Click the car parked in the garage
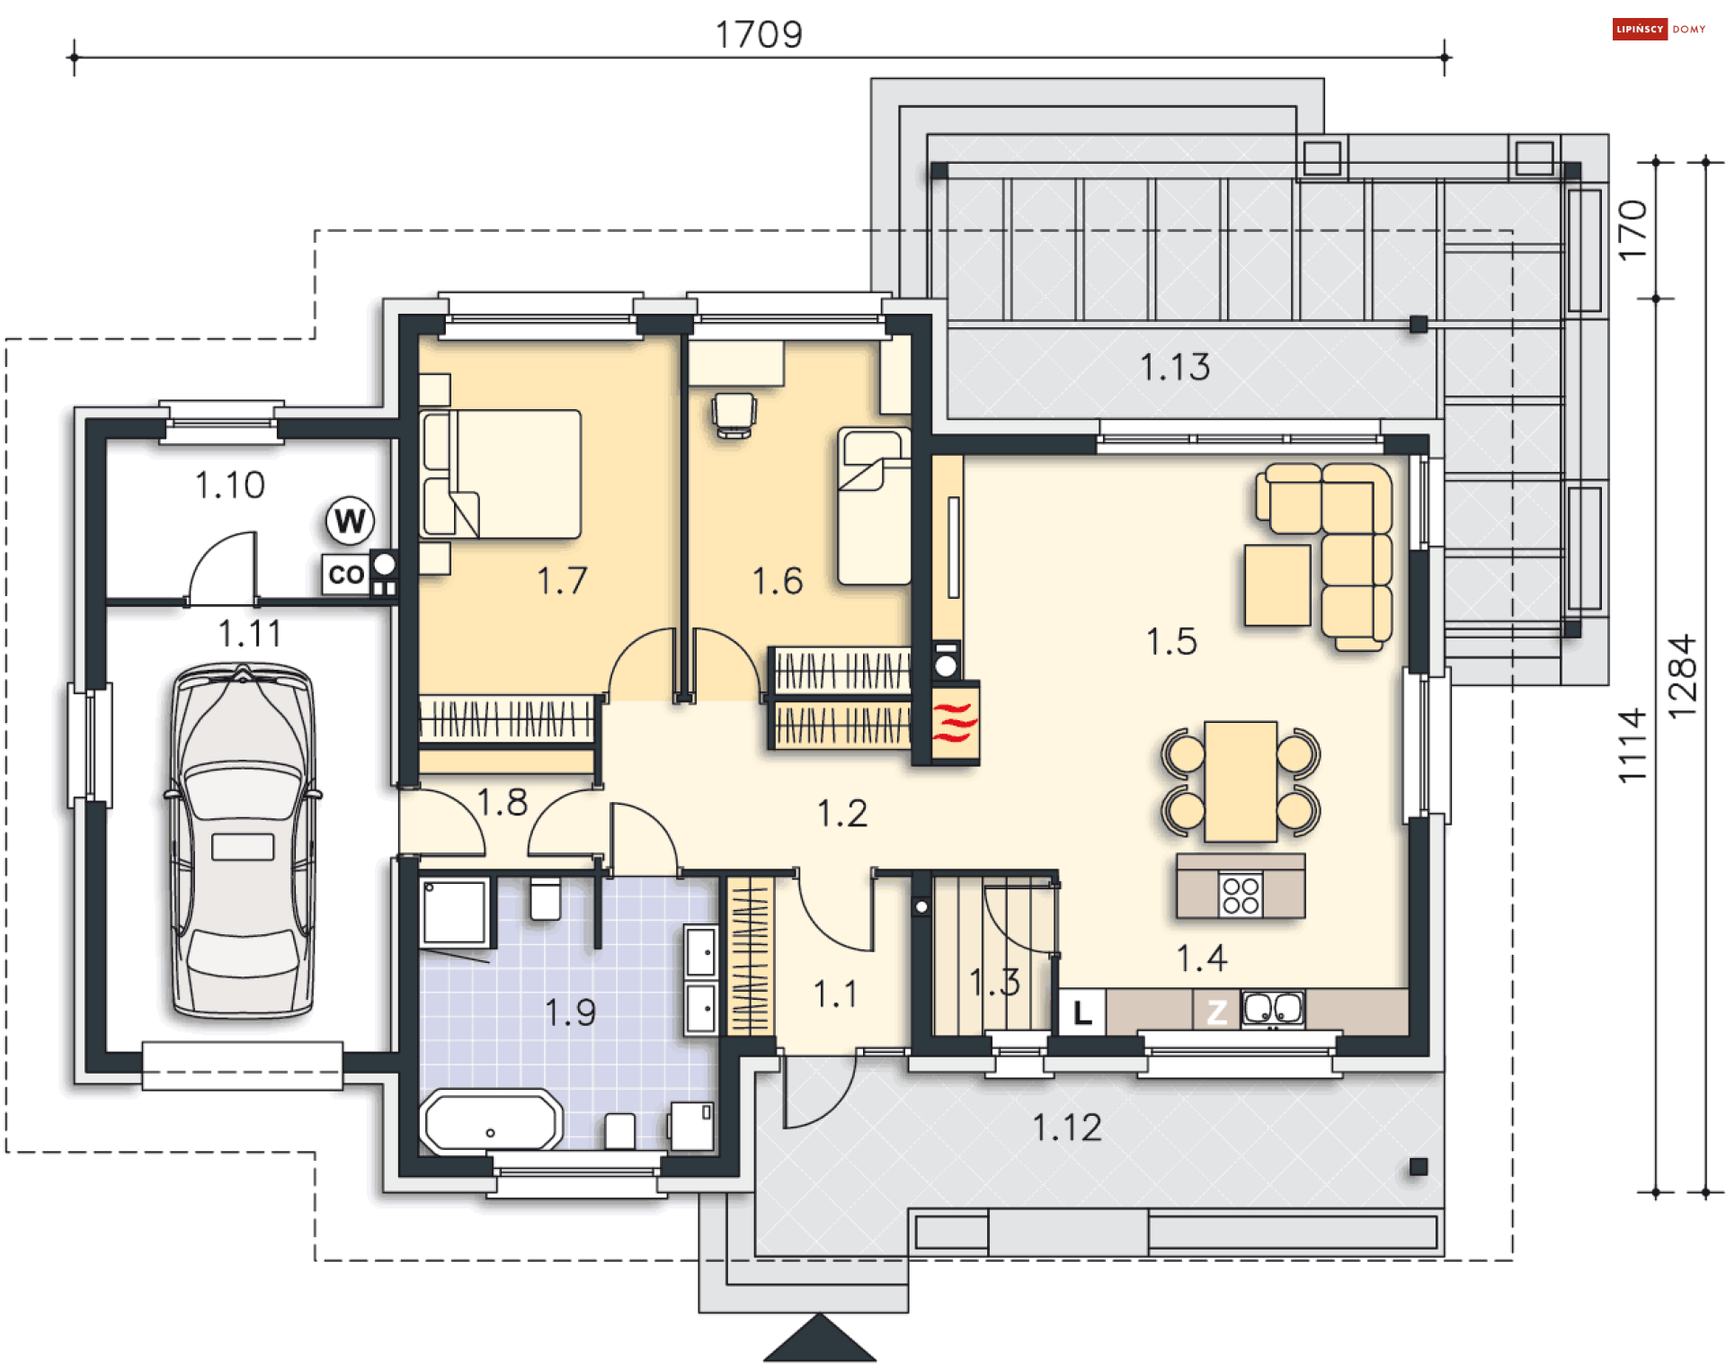[x=243, y=842]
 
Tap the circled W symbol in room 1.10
[x=350, y=521]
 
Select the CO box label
[x=346, y=575]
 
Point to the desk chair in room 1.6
[x=734, y=415]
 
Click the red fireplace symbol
[x=955, y=723]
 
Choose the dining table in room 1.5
[x=1241, y=781]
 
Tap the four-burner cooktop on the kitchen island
[x=1241, y=896]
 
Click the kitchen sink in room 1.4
[x=1272, y=1009]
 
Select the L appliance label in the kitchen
[x=1082, y=1012]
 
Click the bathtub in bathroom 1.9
[x=491, y=1120]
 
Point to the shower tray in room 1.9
[x=457, y=912]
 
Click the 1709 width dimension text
[x=759, y=35]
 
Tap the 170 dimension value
[x=1632, y=231]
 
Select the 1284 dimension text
[x=1681, y=676]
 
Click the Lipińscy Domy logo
[x=1659, y=29]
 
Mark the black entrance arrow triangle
[x=819, y=1338]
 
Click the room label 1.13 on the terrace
[x=1174, y=367]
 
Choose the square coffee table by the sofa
[x=1277, y=584]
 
